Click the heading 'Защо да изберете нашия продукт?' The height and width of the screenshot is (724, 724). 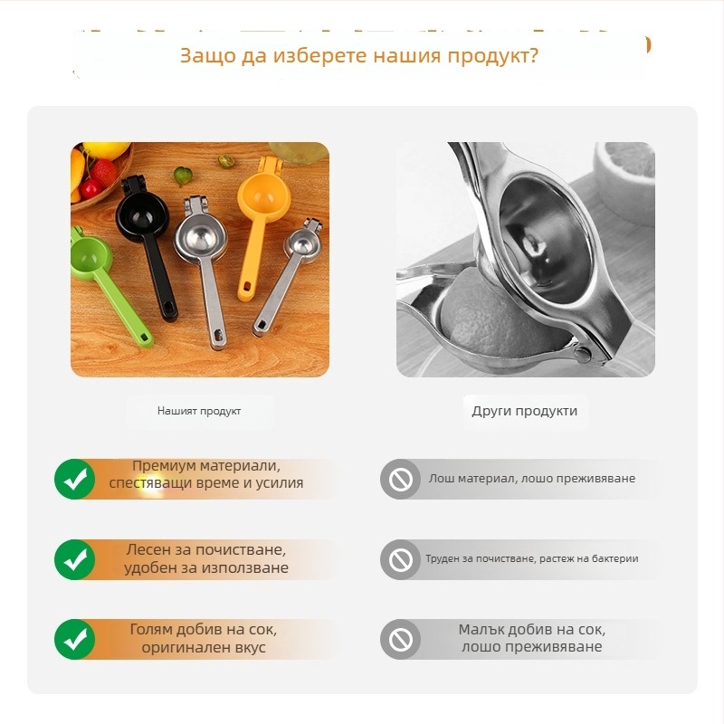click(358, 56)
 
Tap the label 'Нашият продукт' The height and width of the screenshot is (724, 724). click(199, 411)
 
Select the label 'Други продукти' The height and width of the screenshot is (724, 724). click(525, 411)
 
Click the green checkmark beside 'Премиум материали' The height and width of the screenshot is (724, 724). click(75, 479)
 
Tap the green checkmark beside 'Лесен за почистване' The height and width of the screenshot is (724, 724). click(75, 559)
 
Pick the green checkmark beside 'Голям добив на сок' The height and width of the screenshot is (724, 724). click(75, 639)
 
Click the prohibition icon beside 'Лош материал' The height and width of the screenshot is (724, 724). click(400, 479)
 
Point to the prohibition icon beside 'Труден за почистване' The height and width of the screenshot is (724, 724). click(400, 559)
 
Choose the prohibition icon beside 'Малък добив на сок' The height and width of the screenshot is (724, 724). click(400, 639)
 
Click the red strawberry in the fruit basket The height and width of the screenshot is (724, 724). click(104, 172)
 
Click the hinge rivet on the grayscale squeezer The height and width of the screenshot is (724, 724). click(582, 354)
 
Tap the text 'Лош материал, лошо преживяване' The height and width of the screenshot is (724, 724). click(532, 479)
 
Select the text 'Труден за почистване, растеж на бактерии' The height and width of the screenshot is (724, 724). click(532, 558)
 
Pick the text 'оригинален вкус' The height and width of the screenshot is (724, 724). click(204, 647)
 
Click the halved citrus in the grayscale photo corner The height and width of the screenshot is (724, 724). click(624, 180)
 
